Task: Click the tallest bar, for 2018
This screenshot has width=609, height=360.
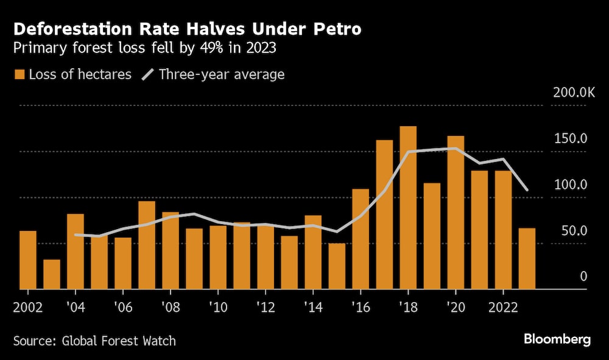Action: (408, 207)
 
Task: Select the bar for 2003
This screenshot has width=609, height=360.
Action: (52, 274)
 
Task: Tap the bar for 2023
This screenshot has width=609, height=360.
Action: (527, 258)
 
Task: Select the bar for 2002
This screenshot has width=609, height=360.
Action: (28, 259)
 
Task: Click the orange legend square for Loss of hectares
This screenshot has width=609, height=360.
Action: (19, 75)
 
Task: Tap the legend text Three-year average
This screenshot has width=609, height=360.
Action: (221, 75)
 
